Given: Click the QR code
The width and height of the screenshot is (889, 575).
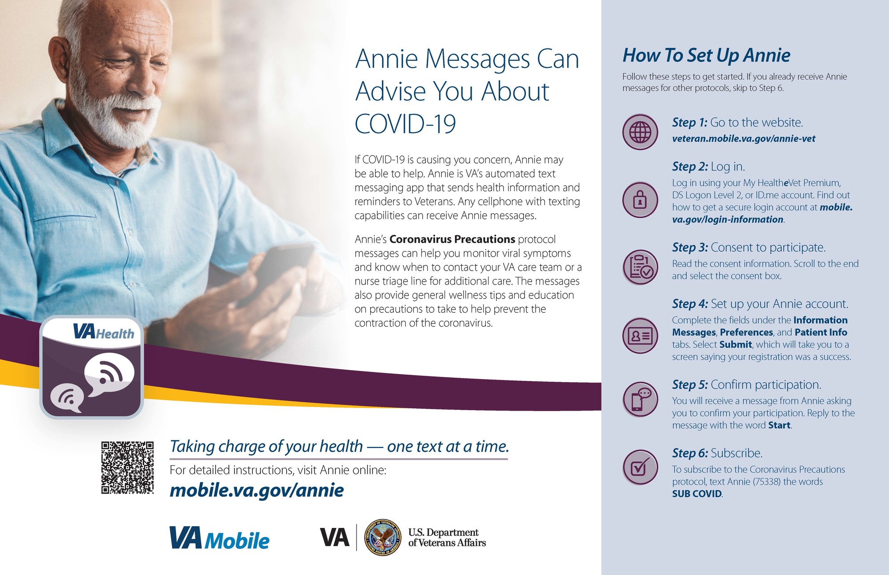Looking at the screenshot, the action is coord(128,467).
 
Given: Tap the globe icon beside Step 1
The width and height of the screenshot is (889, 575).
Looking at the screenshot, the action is coord(640,132).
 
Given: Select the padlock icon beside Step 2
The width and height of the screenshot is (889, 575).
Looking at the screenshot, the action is coord(640,200).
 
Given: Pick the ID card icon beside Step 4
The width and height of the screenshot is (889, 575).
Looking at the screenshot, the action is coord(640,335).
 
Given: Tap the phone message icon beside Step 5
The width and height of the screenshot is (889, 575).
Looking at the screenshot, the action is coord(640,399).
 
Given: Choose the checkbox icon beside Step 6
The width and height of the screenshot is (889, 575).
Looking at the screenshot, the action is coord(640,467).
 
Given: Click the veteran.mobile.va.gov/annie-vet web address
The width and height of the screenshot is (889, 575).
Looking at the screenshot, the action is coord(744,139).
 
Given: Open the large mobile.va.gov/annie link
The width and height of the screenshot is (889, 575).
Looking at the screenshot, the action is coord(257,490).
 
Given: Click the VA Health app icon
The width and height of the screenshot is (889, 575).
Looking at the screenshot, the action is coord(92,367).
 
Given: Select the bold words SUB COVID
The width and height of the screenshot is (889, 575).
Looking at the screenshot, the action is coord(697,494).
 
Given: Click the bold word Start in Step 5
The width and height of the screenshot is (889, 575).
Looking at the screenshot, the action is coord(779,425).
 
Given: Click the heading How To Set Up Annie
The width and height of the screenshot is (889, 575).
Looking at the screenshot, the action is coord(706,56).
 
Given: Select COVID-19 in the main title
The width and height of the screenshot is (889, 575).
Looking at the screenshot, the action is coord(405,124).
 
